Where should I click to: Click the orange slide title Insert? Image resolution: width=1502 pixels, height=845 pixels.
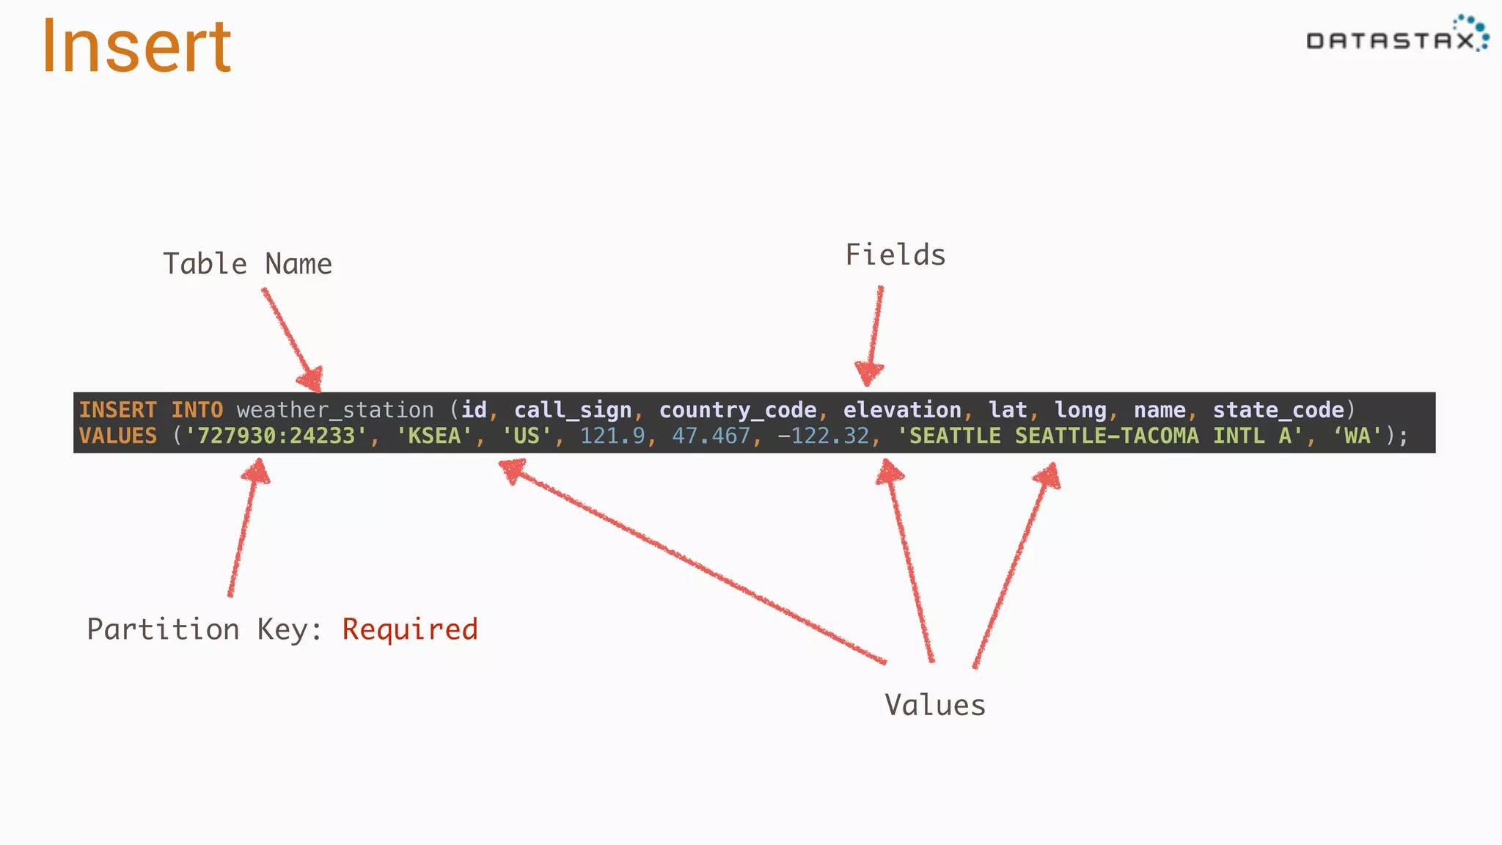pyautogui.click(x=136, y=47)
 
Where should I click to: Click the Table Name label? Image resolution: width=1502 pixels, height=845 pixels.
pyautogui.click(x=247, y=264)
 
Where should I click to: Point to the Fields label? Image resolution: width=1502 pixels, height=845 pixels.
pyautogui.click(x=895, y=255)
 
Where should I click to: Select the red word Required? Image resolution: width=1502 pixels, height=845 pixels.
pyautogui.click(x=410, y=629)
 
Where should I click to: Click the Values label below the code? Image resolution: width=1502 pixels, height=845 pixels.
pyautogui.click(x=935, y=705)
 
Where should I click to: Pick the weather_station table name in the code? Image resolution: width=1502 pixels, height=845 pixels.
pyautogui.click(x=335, y=410)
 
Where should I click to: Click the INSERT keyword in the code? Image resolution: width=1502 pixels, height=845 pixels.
pyautogui.click(x=118, y=410)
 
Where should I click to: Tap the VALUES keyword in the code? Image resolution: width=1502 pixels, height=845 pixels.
pyautogui.click(x=118, y=436)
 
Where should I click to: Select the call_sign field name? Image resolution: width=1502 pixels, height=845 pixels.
pyautogui.click(x=573, y=410)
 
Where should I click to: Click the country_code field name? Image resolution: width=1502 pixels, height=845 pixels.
pyautogui.click(x=738, y=410)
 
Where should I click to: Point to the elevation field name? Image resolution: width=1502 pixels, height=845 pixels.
pyautogui.click(x=902, y=410)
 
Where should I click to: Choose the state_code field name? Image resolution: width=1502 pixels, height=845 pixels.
pyautogui.click(x=1278, y=410)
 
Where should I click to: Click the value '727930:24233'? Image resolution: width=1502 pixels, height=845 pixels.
pyautogui.click(x=276, y=436)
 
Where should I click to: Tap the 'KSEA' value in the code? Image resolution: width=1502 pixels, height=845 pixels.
pyautogui.click(x=434, y=436)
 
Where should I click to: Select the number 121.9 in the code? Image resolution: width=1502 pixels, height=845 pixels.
pyautogui.click(x=612, y=436)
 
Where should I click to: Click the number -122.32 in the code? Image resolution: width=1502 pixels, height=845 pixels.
pyautogui.click(x=823, y=436)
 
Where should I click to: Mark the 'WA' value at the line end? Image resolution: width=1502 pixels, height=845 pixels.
pyautogui.click(x=1358, y=436)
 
